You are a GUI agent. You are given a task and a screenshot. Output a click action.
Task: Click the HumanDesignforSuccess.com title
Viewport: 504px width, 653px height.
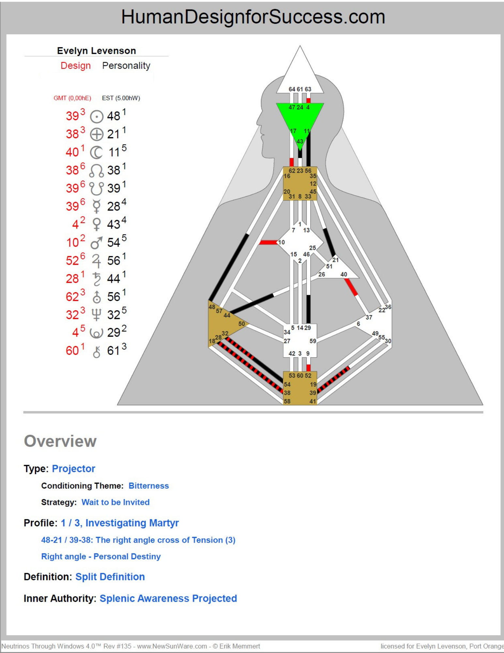(253, 17)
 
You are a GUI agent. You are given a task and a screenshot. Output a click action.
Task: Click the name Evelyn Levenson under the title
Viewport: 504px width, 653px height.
(96, 51)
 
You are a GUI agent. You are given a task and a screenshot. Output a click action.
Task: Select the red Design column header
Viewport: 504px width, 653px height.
(76, 66)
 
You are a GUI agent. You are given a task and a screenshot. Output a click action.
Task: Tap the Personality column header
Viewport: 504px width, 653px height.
(126, 66)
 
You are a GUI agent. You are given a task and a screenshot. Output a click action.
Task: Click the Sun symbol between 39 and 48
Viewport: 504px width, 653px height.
(97, 117)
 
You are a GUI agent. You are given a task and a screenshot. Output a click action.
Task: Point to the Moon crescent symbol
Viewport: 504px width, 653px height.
(96, 152)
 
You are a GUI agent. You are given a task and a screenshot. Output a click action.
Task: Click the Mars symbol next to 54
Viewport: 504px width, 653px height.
(97, 243)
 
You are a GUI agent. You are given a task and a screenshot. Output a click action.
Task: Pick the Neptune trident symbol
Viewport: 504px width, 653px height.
(97, 315)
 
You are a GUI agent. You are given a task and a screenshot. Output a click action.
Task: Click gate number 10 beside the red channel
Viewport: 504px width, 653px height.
(282, 242)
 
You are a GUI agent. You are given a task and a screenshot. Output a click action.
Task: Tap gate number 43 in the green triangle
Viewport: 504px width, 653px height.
(300, 141)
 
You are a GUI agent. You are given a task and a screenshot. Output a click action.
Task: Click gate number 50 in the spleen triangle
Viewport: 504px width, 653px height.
(241, 324)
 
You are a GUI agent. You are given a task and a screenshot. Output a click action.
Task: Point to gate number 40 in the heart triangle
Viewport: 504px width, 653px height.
(344, 274)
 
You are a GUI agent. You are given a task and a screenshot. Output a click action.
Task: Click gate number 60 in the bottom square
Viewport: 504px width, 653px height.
(300, 375)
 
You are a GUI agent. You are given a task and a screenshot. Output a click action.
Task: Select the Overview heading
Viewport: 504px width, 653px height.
(60, 441)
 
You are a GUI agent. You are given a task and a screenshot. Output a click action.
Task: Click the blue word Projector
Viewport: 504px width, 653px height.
(73, 469)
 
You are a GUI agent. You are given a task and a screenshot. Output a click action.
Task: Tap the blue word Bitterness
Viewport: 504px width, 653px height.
(148, 486)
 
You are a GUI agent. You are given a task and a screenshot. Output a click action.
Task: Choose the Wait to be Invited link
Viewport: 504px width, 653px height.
(115, 502)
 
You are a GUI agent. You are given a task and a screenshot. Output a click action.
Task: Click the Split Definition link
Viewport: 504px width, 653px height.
(110, 577)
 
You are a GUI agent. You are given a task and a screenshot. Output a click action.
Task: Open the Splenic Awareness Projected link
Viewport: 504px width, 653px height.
(168, 598)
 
